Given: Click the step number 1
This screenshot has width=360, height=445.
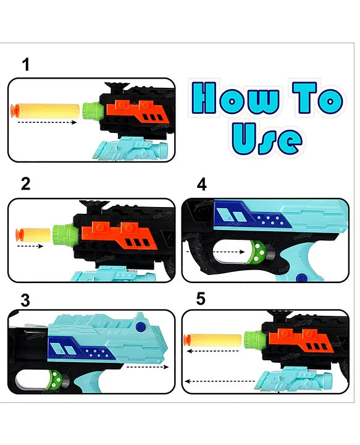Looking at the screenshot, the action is [x=26, y=64].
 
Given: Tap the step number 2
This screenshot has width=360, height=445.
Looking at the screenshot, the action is [x=25, y=184].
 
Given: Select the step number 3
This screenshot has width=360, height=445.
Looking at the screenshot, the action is [x=25, y=300].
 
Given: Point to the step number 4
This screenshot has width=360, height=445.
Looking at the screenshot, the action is [x=201, y=184].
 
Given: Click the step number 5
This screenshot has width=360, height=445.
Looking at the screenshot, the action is [x=201, y=299].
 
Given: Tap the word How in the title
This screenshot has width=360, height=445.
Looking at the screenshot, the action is [x=235, y=98].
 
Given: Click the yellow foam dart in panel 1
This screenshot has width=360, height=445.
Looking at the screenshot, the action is [x=45, y=111].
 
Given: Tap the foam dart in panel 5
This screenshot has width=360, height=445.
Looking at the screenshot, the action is [x=212, y=341].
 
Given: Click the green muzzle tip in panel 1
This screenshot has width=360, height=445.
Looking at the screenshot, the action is [x=91, y=111].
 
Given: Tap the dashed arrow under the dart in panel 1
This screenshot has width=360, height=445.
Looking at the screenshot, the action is [x=47, y=122].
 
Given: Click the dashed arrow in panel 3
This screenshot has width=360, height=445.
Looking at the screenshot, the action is [x=148, y=367].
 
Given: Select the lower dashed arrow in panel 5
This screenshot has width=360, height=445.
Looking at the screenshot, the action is [x=220, y=381].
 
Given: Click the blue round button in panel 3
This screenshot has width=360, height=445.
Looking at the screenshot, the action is [x=140, y=327].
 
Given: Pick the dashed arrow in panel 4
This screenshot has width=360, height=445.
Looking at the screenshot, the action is [x=216, y=252].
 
